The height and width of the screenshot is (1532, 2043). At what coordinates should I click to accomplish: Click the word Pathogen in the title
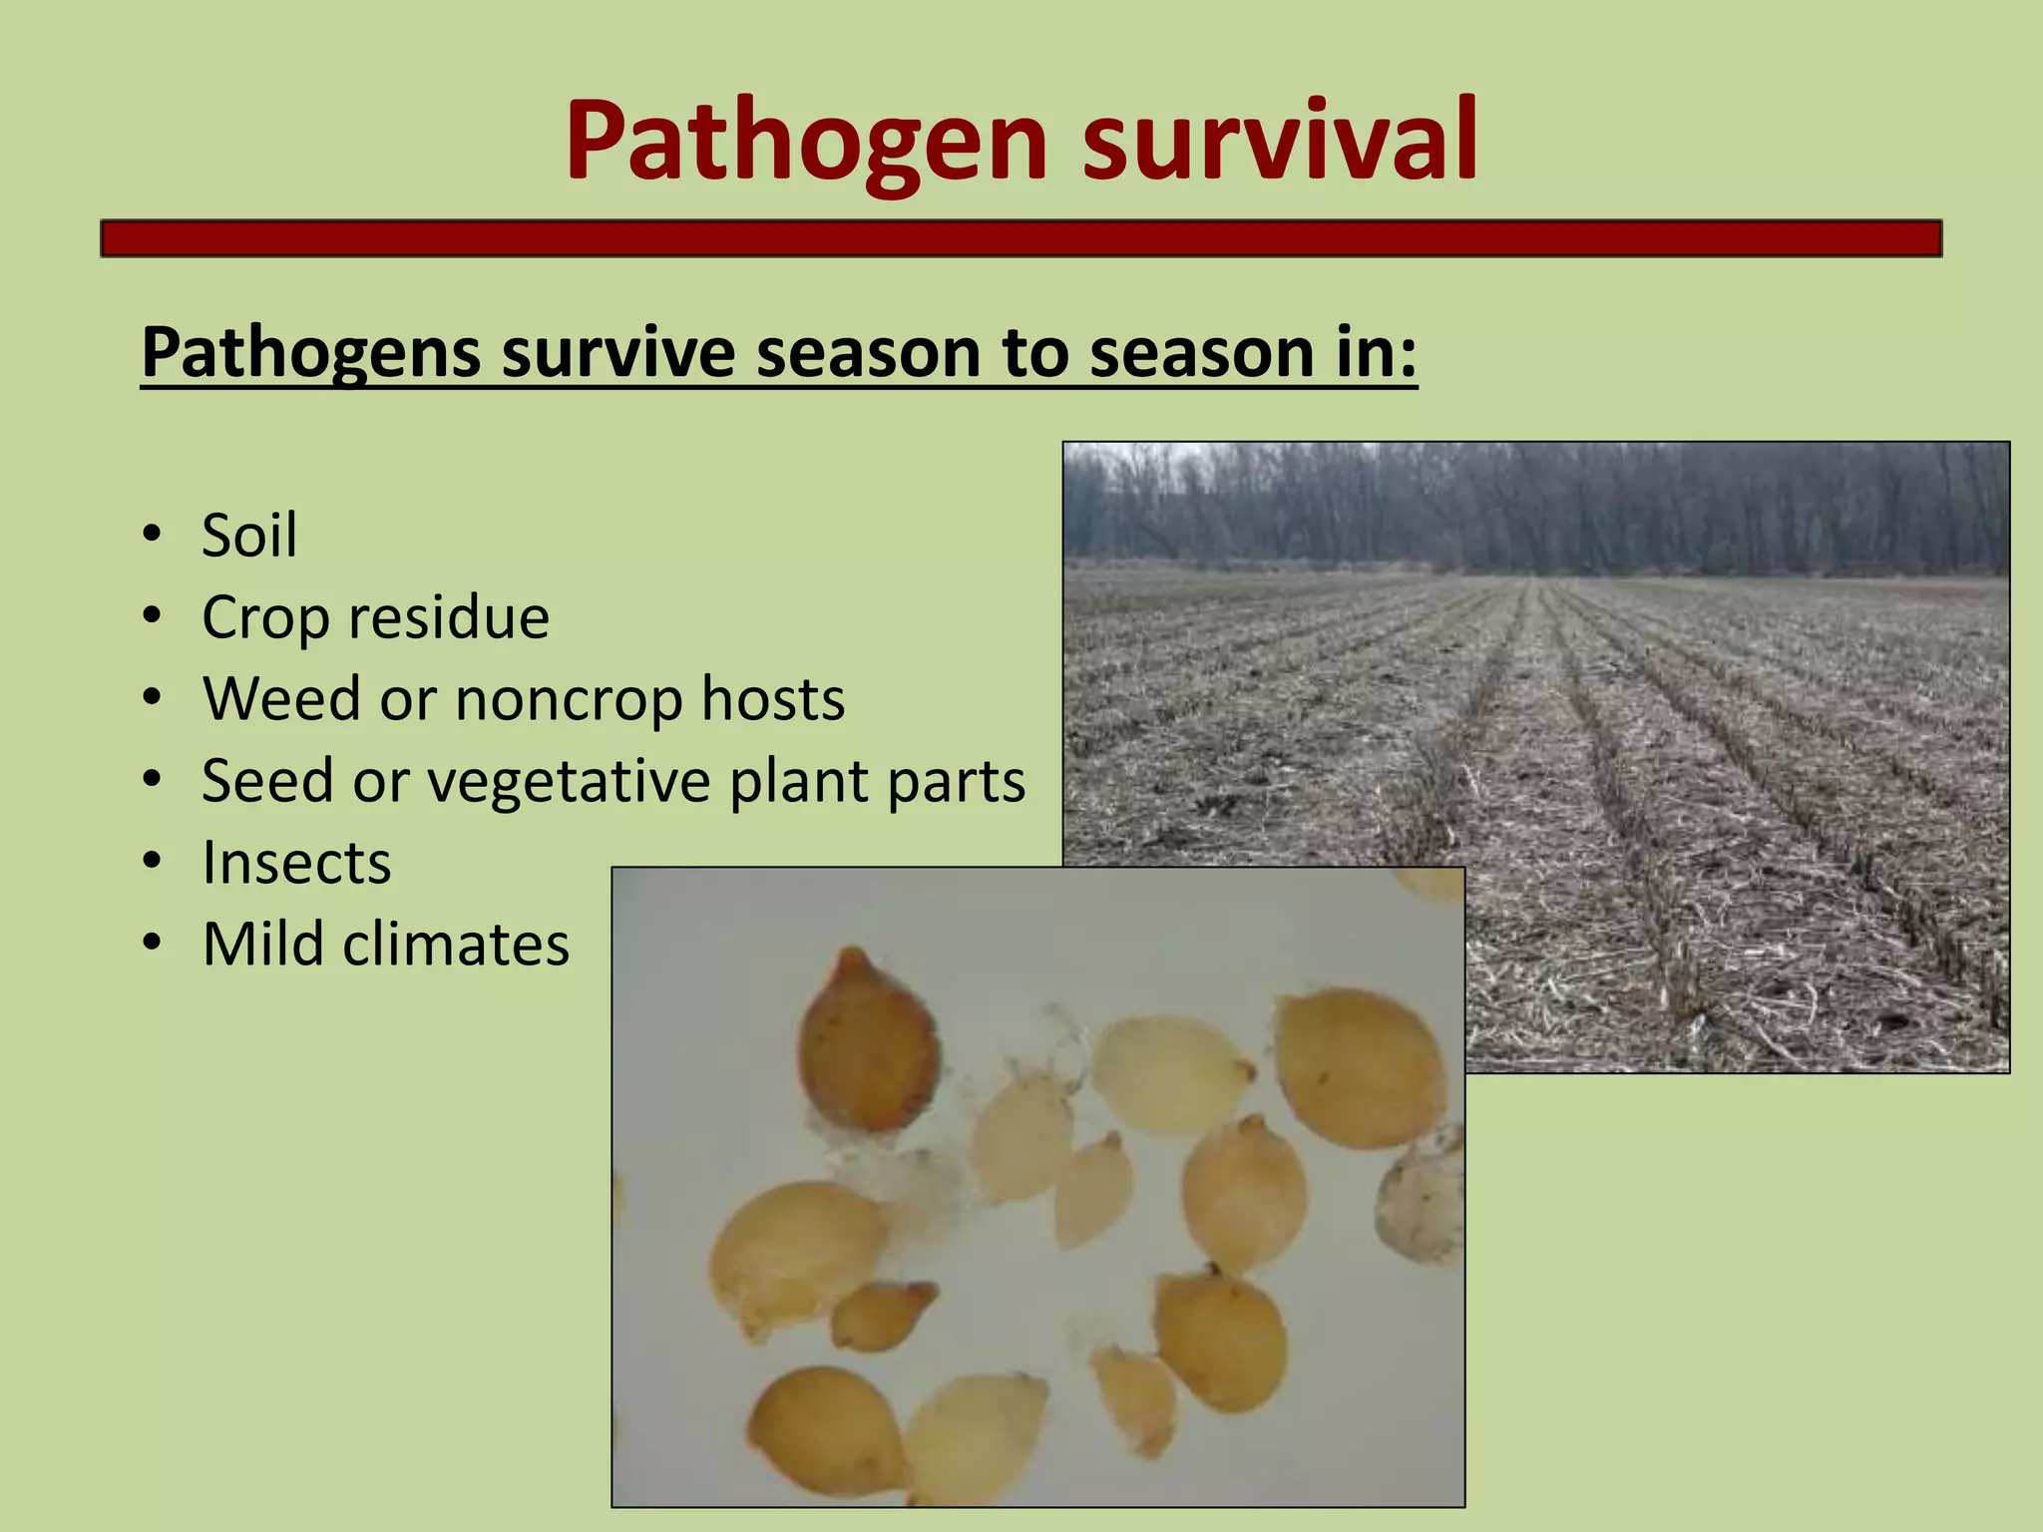click(x=806, y=142)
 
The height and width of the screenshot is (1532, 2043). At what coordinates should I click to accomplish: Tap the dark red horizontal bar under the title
click(x=1021, y=239)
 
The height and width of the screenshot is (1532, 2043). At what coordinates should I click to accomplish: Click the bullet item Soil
click(x=249, y=536)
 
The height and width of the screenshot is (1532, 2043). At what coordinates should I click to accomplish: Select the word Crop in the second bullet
click(x=264, y=618)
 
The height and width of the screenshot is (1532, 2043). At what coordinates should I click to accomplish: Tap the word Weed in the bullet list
click(x=280, y=699)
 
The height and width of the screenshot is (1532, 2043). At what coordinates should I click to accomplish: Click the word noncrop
click(x=569, y=699)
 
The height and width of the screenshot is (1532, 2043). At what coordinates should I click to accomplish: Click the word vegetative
click(x=569, y=782)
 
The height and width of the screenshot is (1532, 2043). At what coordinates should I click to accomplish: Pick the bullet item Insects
click(x=296, y=863)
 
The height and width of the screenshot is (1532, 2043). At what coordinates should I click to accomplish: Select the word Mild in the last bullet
click(x=261, y=944)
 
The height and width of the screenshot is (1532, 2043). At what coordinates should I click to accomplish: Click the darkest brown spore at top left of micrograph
click(x=867, y=1042)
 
